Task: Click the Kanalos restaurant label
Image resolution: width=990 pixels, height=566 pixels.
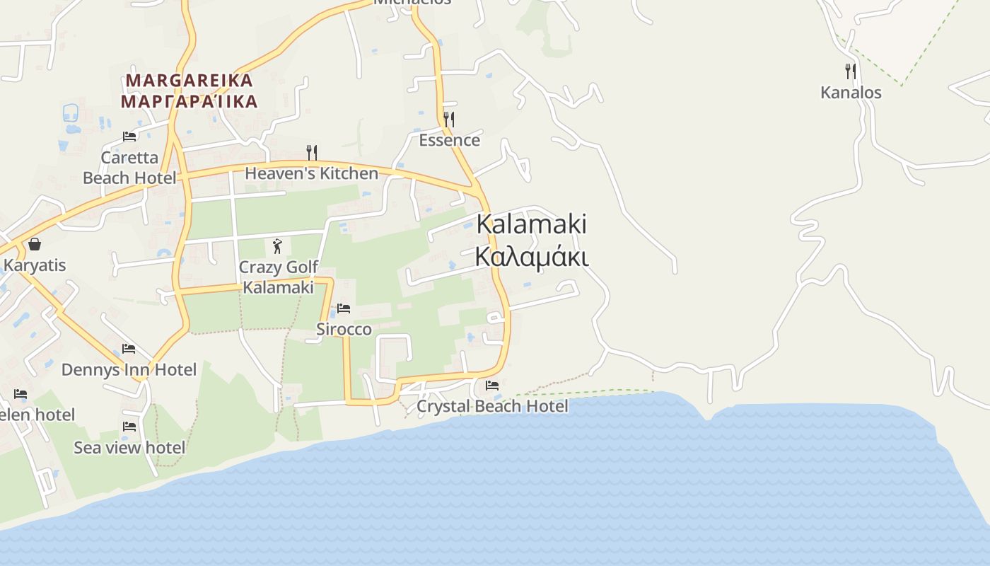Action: point(851,93)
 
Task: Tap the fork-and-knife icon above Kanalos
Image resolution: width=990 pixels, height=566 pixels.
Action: point(851,71)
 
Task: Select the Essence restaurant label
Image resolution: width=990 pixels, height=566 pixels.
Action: point(449,140)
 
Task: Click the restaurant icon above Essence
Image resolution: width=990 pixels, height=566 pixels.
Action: point(449,119)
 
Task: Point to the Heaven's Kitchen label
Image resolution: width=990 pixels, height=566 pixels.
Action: point(311,173)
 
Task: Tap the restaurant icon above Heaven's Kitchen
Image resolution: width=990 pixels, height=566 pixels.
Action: point(311,152)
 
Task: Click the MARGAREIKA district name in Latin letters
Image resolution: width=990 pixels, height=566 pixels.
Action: point(189,81)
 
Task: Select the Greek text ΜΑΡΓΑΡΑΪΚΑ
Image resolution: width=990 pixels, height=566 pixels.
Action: point(189,102)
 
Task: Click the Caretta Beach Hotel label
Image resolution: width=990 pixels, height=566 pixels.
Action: point(129,168)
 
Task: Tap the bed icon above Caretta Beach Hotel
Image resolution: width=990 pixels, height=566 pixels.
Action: point(129,136)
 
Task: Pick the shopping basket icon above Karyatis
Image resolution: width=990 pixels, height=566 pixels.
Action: point(34,244)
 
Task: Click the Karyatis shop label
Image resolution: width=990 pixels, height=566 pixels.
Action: point(35,265)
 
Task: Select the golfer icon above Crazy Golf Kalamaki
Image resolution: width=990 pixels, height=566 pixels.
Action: point(278,246)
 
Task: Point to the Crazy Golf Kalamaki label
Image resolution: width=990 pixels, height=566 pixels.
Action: point(278,277)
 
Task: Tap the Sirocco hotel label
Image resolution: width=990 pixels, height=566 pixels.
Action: point(344,329)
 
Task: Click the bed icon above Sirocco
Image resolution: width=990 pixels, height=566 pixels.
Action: point(344,308)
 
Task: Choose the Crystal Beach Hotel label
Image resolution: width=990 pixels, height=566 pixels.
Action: point(491,406)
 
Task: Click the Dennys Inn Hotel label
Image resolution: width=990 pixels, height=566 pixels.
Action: point(129,369)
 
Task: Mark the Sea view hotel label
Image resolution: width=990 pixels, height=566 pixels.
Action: point(129,447)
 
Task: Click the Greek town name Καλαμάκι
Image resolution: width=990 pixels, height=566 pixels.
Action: point(531,256)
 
